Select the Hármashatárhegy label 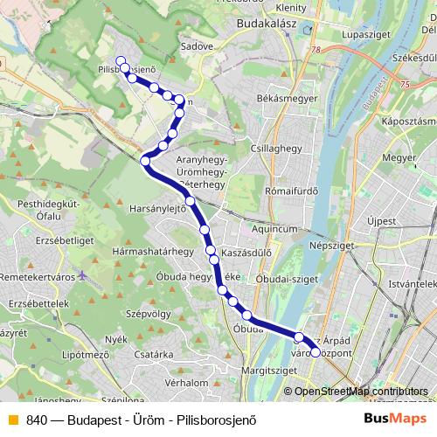click(153, 251)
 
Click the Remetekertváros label click(38, 275)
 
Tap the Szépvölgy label click(147, 312)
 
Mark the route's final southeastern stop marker click(316, 352)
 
